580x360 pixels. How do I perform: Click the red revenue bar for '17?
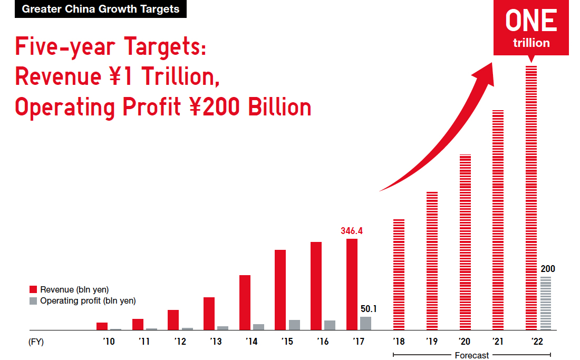352,284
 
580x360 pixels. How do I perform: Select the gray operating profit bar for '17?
365,324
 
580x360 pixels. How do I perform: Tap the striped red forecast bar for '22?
531,198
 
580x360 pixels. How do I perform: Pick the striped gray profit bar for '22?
546,304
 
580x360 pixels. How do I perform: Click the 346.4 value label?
351,231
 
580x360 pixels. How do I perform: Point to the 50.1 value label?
369,309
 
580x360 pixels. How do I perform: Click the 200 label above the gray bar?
548,269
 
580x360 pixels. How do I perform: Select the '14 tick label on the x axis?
252,342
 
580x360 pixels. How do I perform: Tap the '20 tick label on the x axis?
465,342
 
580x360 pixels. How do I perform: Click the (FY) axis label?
36,342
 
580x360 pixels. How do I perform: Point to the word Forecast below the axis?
471,355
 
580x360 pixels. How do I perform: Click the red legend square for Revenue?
33,289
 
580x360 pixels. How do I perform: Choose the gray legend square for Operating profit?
33,301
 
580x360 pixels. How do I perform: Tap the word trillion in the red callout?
531,43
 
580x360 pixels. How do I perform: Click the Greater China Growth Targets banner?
101,9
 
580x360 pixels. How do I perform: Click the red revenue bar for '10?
102,326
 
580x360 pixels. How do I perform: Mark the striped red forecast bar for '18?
399,275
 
